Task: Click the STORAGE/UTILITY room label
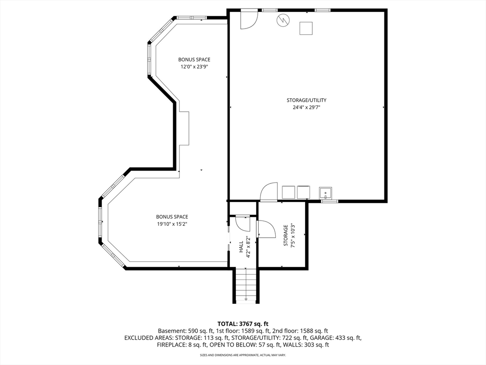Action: pos(306,100)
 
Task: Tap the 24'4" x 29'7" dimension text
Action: pos(306,107)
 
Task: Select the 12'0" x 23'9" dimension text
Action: pos(194,67)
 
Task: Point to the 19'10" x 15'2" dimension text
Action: pos(172,224)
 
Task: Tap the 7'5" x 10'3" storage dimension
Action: pos(292,236)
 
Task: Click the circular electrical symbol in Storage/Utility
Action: pos(283,20)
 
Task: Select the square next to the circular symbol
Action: pos(306,28)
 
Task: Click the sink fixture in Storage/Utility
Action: pos(326,193)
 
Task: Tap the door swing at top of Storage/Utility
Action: pos(250,19)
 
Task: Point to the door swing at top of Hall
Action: pos(243,223)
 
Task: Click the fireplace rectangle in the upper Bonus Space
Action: pos(184,128)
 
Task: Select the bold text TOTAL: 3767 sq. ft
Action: pos(243,324)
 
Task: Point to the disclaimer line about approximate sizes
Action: pos(243,355)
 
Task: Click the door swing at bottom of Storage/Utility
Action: pos(269,192)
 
